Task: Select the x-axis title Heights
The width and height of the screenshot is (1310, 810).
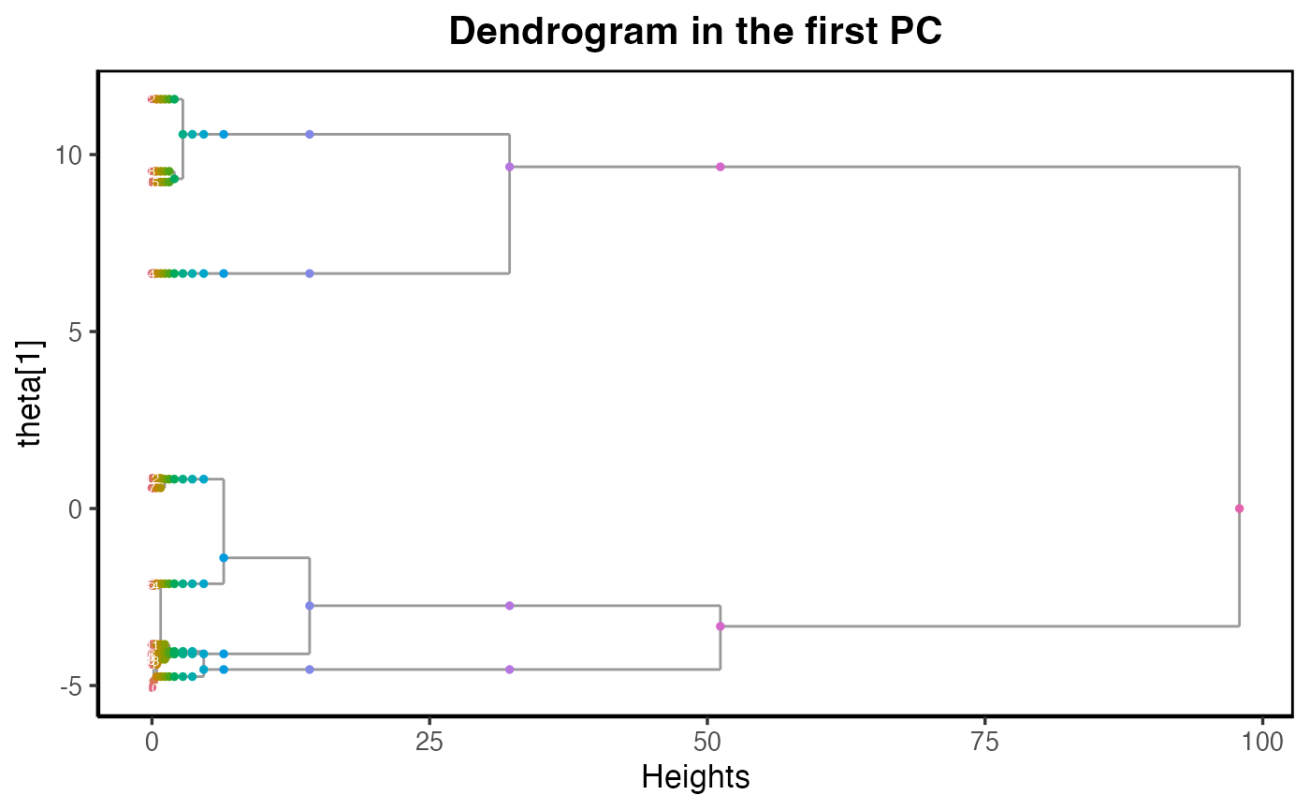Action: coord(695,776)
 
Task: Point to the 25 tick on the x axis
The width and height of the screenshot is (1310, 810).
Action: coord(429,739)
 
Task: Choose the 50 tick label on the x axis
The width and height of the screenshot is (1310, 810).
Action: coord(706,739)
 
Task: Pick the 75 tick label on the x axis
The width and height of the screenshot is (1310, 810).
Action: coord(984,739)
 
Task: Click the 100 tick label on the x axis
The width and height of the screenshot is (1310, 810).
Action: coord(1262,739)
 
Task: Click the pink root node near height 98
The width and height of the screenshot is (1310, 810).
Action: coord(1239,508)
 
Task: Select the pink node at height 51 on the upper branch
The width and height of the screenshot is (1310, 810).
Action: coord(720,167)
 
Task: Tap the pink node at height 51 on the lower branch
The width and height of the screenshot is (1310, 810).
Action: coord(720,626)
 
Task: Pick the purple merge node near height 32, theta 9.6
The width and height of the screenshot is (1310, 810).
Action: coord(509,167)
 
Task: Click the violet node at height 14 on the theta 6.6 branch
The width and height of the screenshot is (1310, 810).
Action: coord(310,273)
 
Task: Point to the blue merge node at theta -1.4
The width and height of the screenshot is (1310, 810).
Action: coord(224,558)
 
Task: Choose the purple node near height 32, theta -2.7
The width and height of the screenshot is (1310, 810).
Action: coord(509,606)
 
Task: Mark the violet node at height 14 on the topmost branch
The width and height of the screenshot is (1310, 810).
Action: coord(310,134)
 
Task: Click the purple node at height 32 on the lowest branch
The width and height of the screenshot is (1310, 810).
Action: coord(509,670)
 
